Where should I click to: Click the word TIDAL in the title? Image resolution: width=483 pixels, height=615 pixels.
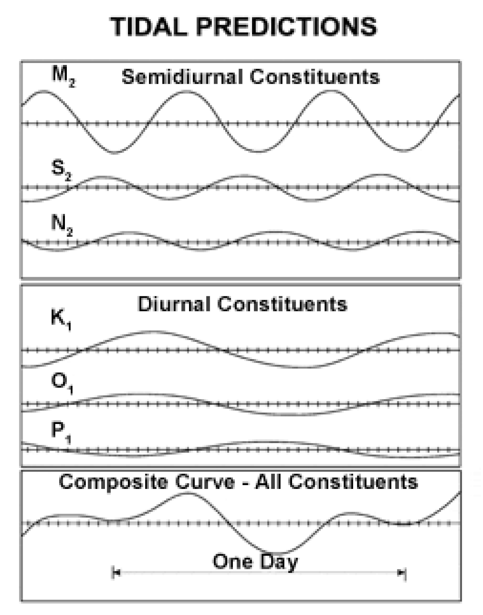149,26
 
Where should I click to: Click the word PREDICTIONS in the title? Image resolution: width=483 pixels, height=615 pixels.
287,26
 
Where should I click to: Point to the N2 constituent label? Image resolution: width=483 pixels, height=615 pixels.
62,225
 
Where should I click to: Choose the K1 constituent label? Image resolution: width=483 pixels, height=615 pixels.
61,321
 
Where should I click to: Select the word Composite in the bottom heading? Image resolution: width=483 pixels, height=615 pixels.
113,482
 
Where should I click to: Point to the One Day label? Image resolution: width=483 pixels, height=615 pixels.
255,562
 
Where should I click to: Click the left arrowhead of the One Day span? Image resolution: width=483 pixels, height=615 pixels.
116,573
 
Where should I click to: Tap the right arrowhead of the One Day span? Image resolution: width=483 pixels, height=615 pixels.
401,573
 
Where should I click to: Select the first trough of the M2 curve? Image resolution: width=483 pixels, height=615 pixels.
115,153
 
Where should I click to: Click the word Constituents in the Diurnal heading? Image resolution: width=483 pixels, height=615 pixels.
282,304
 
